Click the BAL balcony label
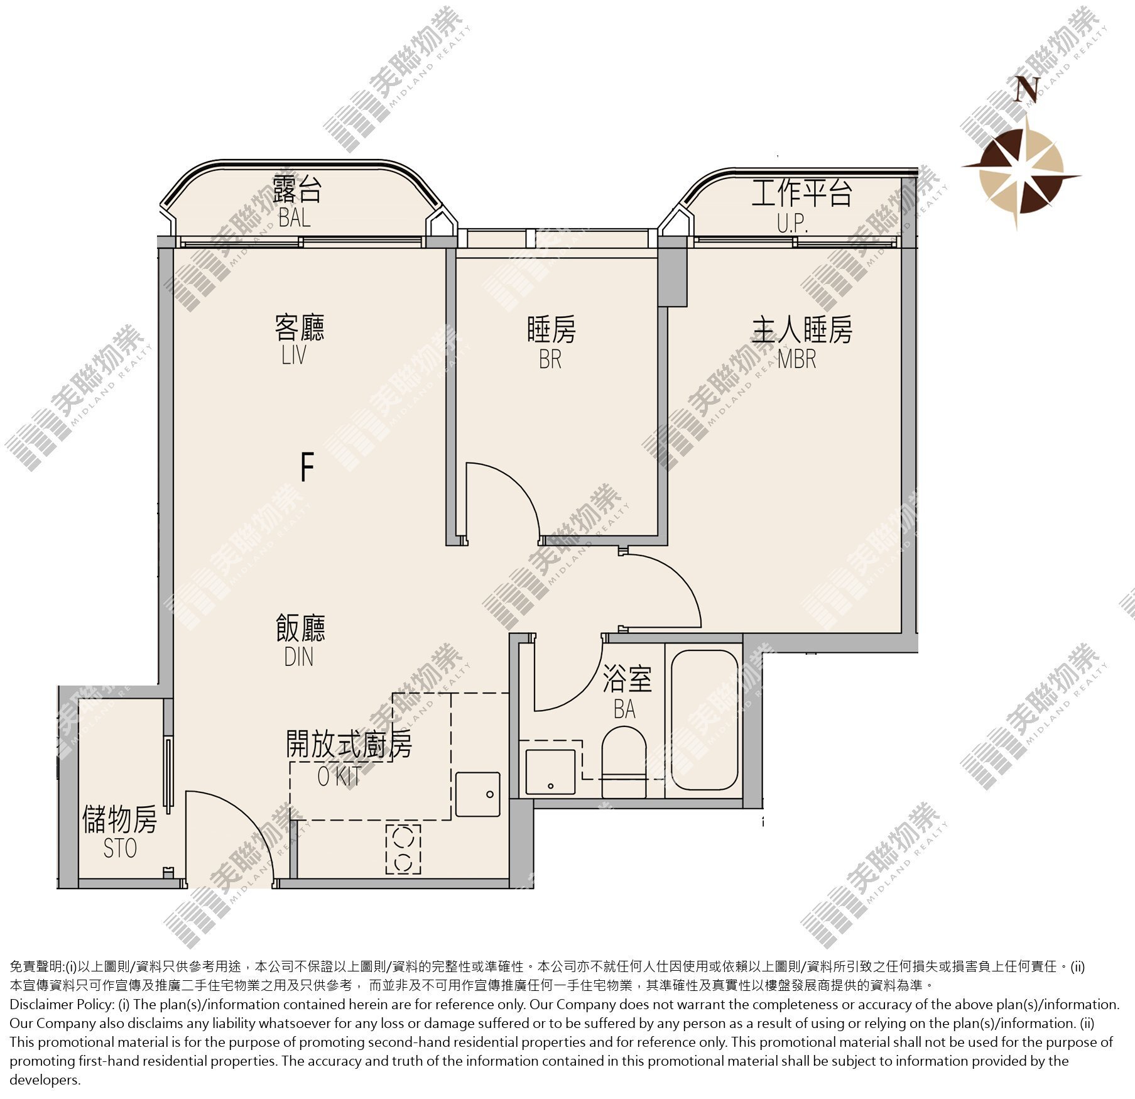coord(295,217)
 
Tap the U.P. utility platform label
coord(793,223)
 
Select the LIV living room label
coord(294,355)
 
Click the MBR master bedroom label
coord(796,359)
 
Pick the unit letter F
coord(307,467)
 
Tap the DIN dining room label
coord(298,657)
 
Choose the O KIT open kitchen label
coord(339,777)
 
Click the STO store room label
coord(120,849)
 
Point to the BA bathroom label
coord(625,709)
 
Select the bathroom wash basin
coord(551,772)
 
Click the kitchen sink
coord(478,795)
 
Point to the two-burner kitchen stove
coord(403,849)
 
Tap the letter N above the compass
coord(1028,89)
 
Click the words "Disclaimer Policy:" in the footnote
coord(62,1005)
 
